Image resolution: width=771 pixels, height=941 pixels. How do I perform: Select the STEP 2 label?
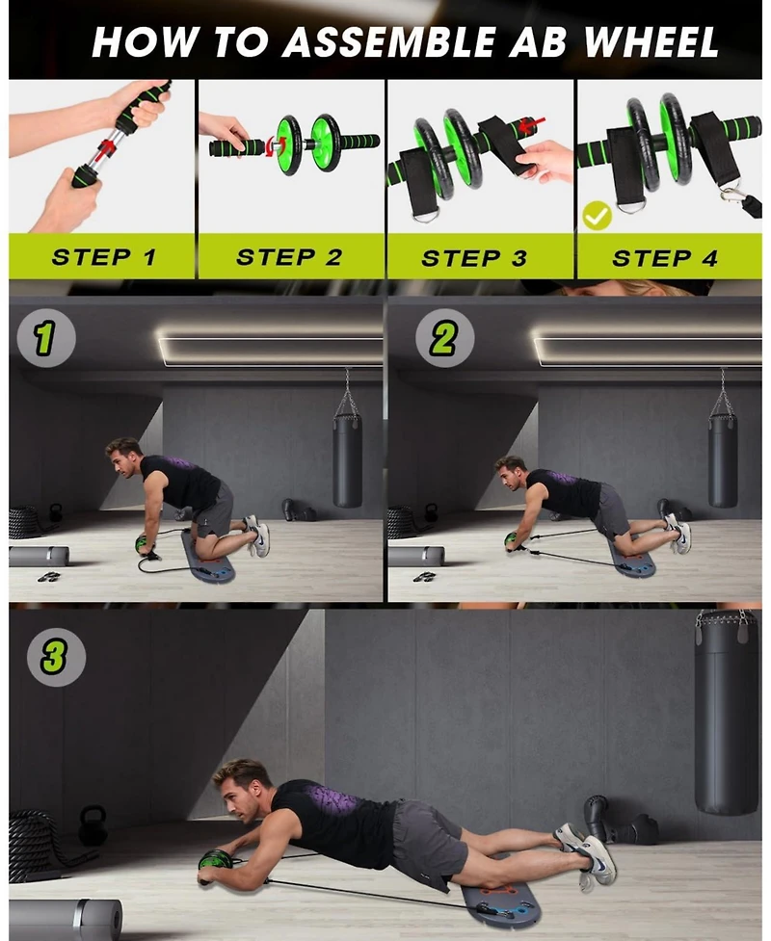coord(288,257)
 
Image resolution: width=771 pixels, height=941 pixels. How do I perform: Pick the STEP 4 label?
coord(665,258)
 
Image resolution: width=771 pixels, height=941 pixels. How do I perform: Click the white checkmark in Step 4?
coord(597,216)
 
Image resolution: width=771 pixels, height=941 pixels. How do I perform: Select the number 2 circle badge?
coord(444,338)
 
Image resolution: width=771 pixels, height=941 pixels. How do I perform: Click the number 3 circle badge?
coord(54,657)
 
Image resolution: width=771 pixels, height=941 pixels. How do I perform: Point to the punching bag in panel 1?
coord(347,457)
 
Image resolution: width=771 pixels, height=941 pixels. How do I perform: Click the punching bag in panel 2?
coord(723,457)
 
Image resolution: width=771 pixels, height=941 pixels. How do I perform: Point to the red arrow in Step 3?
coord(531,122)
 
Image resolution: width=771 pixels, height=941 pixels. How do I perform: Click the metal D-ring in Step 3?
coord(423,215)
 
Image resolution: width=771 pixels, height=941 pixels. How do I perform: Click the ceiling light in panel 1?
coord(270,350)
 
